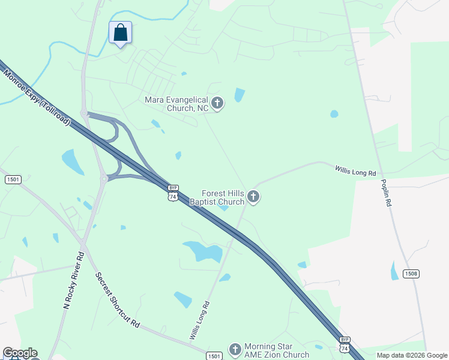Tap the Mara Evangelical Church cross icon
[217, 104]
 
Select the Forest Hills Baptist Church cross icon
[253, 197]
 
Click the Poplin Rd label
[385, 192]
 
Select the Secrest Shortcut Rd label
[117, 300]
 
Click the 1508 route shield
[411, 274]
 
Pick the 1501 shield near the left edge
[13, 179]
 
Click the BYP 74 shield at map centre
[173, 193]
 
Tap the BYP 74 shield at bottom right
[345, 344]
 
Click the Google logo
[20, 353]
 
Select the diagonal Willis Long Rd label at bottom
[200, 320]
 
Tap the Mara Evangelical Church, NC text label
[176, 104]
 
